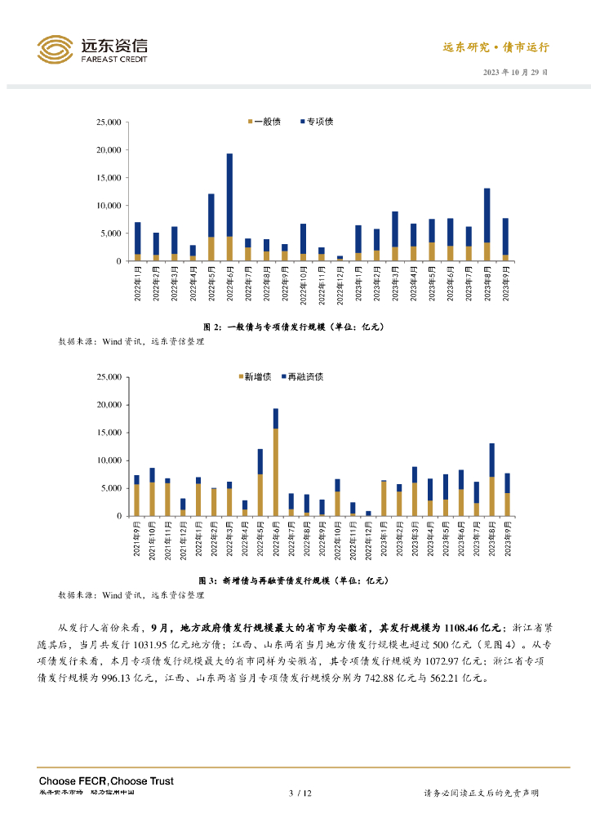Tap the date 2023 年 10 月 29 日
tap(516, 72)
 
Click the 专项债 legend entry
tap(318, 122)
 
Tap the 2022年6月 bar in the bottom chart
tap(276, 461)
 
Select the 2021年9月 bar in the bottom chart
tap(137, 495)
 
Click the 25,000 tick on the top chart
tap(109, 122)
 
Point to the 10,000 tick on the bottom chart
tap(109, 460)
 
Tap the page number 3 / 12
tap(301, 793)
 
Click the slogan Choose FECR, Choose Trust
tap(106, 781)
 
